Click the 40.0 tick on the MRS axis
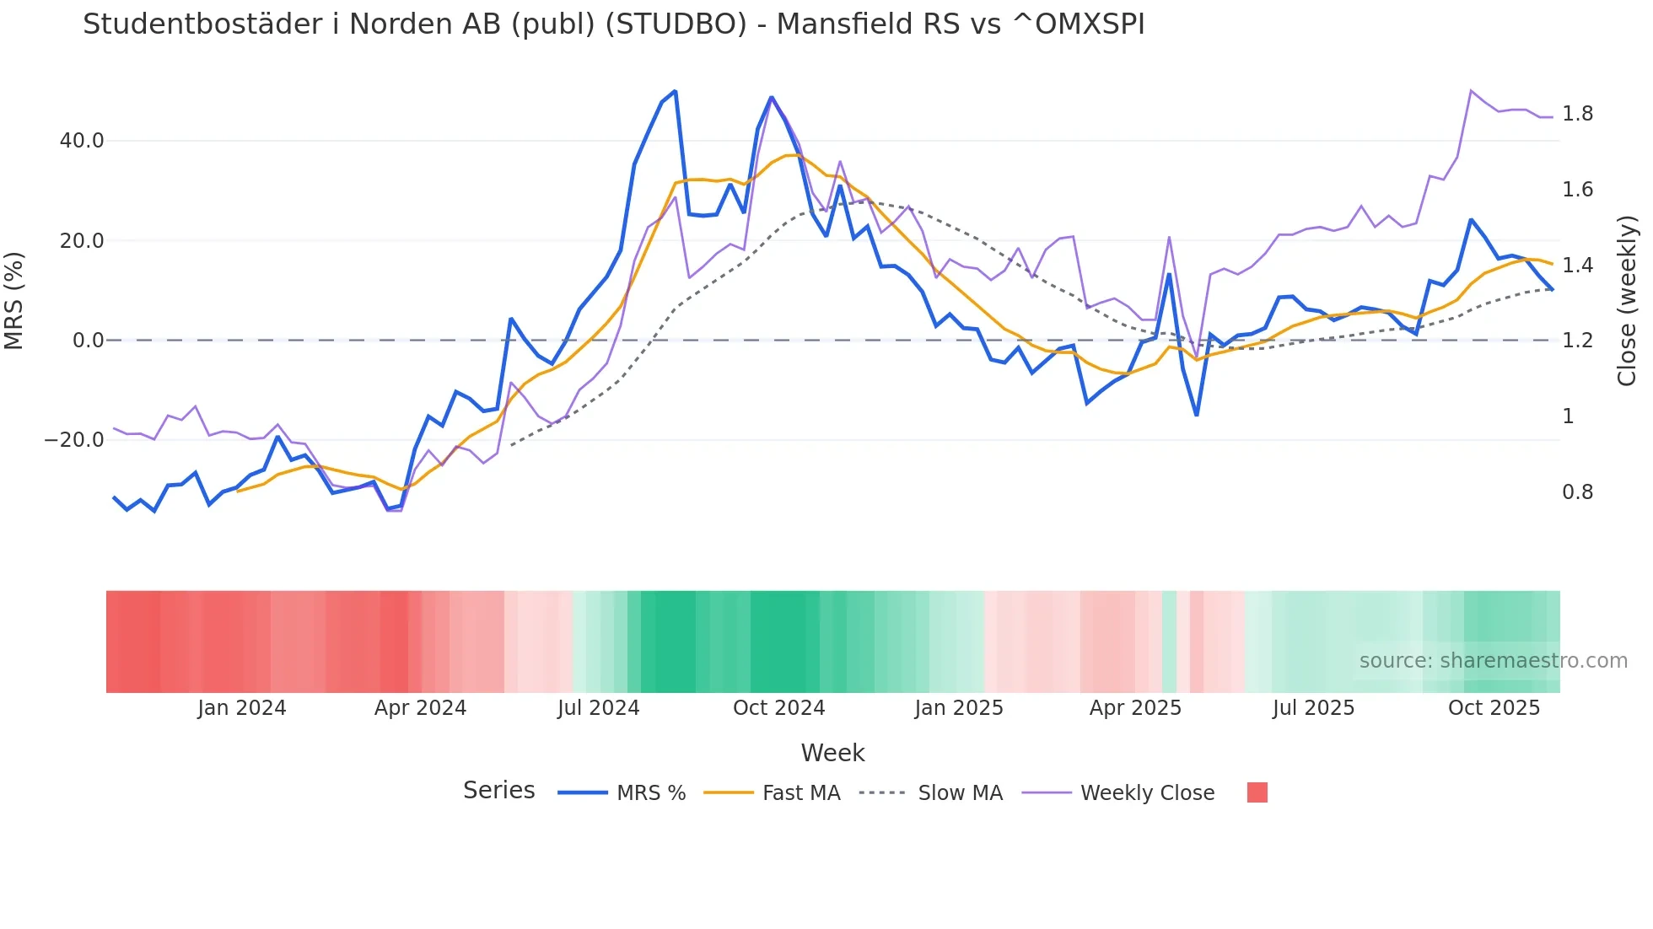pos(82,141)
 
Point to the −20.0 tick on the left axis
pos(74,440)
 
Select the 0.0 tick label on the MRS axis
pos(89,341)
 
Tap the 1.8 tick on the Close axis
pos(1577,114)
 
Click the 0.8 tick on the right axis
pos(1577,492)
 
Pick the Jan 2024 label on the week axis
pos(242,708)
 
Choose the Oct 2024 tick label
pos(778,708)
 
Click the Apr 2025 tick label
pos(1135,708)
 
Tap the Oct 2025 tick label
pos(1494,708)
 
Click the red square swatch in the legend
pos(1257,792)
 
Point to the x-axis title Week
pos(832,753)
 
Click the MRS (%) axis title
pos(14,301)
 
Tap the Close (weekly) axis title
pos(1627,301)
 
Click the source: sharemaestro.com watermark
pos(1493,661)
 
